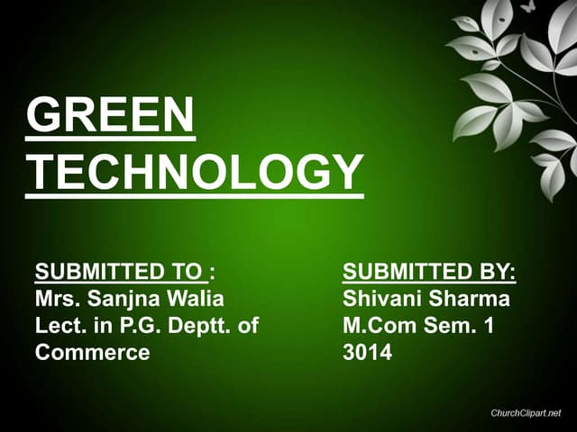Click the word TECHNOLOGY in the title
pyautogui.click(x=194, y=171)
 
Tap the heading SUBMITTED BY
pyautogui.click(x=429, y=272)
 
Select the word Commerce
pyautogui.click(x=92, y=353)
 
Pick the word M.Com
pyautogui.click(x=379, y=326)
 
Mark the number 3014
pyautogui.click(x=367, y=353)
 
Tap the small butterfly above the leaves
pyautogui.click(x=527, y=6)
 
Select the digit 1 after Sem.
pyautogui.click(x=490, y=326)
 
